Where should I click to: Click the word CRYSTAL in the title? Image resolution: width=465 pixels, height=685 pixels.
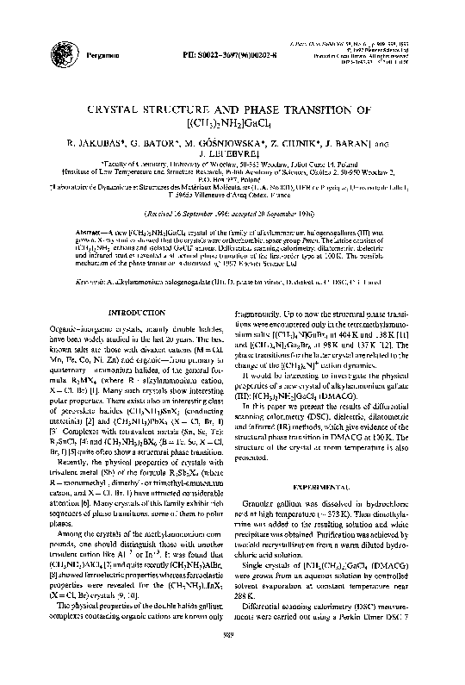pyautogui.click(x=141, y=110)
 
